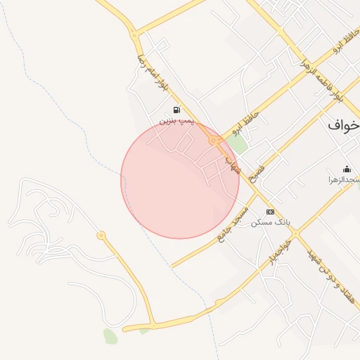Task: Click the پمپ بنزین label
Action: click(x=176, y=121)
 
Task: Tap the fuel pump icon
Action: click(x=176, y=110)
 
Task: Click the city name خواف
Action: click(x=345, y=125)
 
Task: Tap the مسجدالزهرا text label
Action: click(x=344, y=180)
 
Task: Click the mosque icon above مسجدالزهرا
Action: click(x=346, y=169)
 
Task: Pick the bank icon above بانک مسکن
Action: click(x=270, y=212)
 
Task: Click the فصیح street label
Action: click(x=258, y=169)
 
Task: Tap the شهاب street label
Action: click(x=233, y=164)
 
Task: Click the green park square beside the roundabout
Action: click(x=238, y=145)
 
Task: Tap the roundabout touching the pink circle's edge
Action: click(x=212, y=141)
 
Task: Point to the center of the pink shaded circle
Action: click(x=180, y=180)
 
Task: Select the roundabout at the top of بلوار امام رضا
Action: click(x=133, y=34)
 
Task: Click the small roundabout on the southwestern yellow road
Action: click(x=101, y=235)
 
